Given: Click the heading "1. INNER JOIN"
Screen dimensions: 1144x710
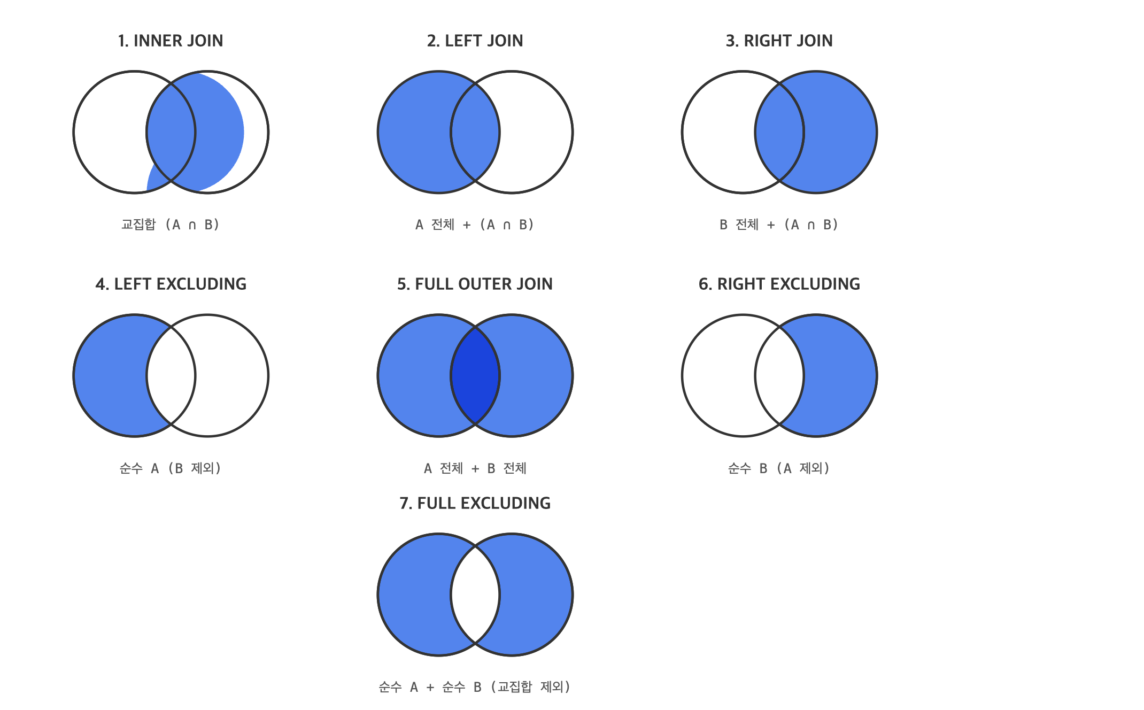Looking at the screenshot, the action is [x=171, y=41].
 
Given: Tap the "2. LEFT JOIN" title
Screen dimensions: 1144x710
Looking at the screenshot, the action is [x=475, y=41].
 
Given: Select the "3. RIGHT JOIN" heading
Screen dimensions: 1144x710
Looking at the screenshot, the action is [x=779, y=41].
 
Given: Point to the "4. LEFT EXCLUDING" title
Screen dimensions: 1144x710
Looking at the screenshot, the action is [x=171, y=284].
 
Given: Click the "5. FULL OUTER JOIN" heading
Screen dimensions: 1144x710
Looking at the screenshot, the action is [x=475, y=284].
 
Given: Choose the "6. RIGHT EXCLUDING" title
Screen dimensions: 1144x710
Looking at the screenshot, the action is [x=779, y=284].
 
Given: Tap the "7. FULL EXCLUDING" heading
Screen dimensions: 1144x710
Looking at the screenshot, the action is [x=475, y=503].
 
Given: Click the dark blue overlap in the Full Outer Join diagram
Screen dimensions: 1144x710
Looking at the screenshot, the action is [x=475, y=375].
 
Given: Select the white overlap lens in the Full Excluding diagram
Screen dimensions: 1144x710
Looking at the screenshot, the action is [x=475, y=595].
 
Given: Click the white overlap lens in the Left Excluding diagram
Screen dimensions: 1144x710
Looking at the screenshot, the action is [x=171, y=375].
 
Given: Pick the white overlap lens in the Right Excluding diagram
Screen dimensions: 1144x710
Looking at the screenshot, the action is [x=779, y=375].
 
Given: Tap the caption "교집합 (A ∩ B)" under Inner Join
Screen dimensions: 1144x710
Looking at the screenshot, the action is [x=171, y=225].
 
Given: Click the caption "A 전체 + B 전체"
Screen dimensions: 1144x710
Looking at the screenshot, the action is [x=475, y=468].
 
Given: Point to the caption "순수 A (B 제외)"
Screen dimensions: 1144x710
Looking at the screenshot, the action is [x=171, y=468].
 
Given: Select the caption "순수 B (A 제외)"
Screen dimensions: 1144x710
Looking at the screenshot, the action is [x=779, y=468].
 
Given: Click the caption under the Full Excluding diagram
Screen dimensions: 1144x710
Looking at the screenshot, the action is [x=475, y=686].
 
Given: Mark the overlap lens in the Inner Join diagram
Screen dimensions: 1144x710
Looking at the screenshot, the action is [x=171, y=132].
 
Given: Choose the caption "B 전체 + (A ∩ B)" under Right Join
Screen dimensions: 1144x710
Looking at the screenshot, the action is [x=779, y=225].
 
